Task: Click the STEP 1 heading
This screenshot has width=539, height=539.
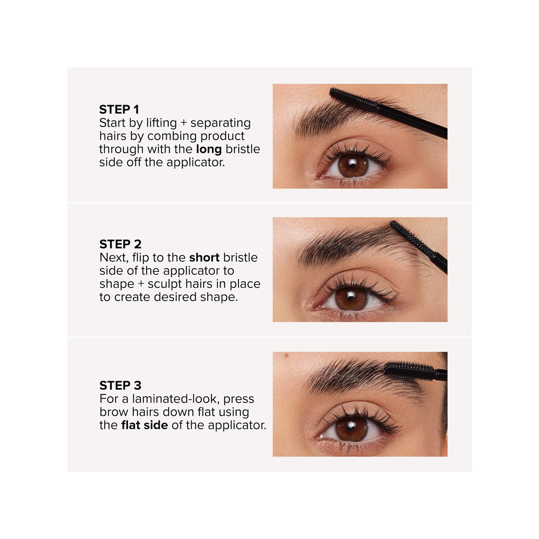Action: (119, 110)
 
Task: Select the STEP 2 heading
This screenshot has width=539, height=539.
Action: (120, 244)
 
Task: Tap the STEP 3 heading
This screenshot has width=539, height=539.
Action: (120, 385)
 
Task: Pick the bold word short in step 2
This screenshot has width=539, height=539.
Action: (204, 257)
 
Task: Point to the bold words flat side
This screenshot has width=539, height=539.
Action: (144, 425)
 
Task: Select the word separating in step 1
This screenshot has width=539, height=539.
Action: (220, 123)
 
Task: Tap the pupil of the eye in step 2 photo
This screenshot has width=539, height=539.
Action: (350, 298)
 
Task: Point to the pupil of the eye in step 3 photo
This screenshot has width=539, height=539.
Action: (351, 429)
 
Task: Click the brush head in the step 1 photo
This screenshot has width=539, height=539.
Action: (354, 99)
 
